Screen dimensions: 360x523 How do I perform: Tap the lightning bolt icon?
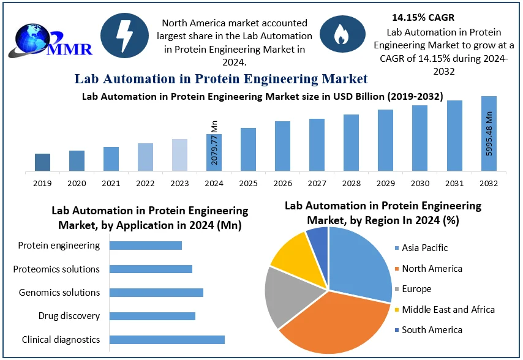coord(125,35)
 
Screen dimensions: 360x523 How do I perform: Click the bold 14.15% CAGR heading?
coord(423,17)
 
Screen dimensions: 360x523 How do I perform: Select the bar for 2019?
coord(42,162)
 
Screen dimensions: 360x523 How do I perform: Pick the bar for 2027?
coord(317,145)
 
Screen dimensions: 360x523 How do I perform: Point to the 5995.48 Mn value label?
coord(489,133)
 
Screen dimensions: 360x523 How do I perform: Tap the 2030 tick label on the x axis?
coord(420,182)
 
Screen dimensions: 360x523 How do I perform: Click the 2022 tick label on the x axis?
coord(145,182)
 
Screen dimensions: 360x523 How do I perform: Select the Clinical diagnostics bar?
coord(167,340)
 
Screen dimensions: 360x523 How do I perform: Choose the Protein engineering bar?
coord(146,246)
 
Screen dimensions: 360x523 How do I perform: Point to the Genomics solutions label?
coord(59,293)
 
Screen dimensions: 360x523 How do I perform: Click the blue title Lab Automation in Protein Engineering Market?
coord(221,78)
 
